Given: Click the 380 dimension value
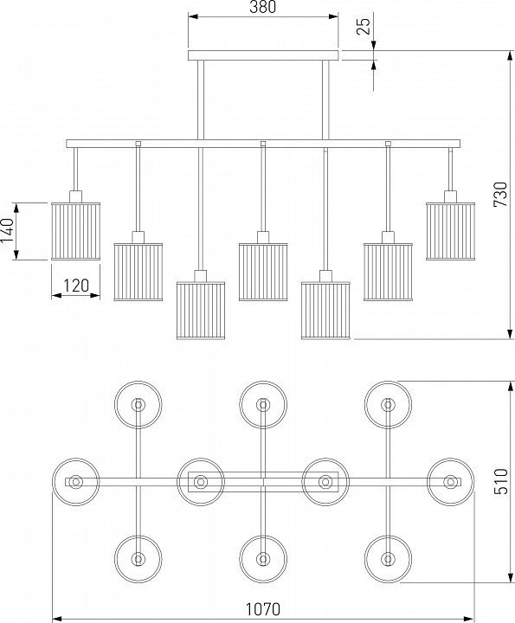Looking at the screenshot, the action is click(x=262, y=7).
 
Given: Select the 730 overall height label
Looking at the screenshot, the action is click(x=500, y=195).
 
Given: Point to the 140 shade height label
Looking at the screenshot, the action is click(x=8, y=230).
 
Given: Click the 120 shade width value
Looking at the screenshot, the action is click(x=76, y=286).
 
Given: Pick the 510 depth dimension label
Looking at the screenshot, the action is click(x=501, y=482).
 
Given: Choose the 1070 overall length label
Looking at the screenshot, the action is click(x=262, y=608).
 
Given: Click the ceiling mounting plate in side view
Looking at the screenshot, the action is click(x=263, y=55).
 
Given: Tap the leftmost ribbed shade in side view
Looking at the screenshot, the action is click(x=75, y=231).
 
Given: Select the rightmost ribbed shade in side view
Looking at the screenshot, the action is click(x=451, y=231).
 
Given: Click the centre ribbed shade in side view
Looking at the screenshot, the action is click(x=263, y=272).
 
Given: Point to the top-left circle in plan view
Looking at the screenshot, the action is click(x=138, y=405).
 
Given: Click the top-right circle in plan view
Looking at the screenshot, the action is click(x=389, y=405).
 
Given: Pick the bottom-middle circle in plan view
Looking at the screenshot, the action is click(x=263, y=559).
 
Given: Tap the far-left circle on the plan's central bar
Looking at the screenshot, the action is click(x=75, y=482).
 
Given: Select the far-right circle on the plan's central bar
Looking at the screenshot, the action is click(x=451, y=482).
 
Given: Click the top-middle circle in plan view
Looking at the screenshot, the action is click(x=263, y=405).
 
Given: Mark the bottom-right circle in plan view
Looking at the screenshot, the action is click(x=389, y=559).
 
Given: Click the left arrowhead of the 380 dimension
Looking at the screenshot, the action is click(x=193, y=16).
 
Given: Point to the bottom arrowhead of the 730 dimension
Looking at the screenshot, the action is click(x=510, y=335).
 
